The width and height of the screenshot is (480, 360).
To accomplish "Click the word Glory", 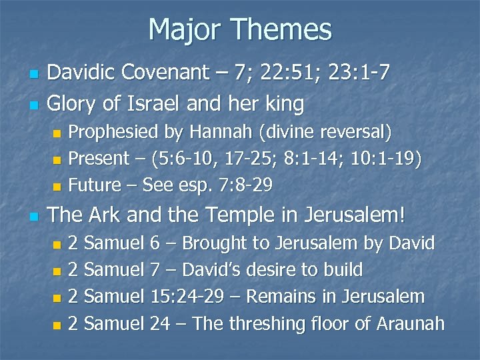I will coord(73,104).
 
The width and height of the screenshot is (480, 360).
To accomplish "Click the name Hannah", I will coord(226,132).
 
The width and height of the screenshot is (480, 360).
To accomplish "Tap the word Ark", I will coord(103,215).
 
